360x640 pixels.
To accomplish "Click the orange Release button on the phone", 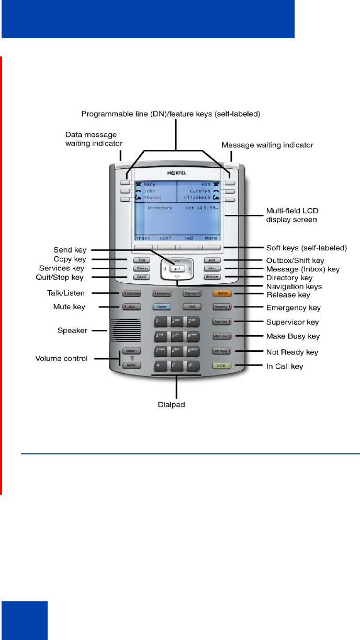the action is tap(219, 294).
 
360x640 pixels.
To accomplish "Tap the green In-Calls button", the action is tap(220, 367).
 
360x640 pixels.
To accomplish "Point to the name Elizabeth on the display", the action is tap(197, 198).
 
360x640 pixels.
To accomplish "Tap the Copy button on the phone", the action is tap(139, 260).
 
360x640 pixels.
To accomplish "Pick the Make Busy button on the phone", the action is tap(220, 336).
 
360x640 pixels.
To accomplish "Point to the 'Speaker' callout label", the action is tap(71, 330).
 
